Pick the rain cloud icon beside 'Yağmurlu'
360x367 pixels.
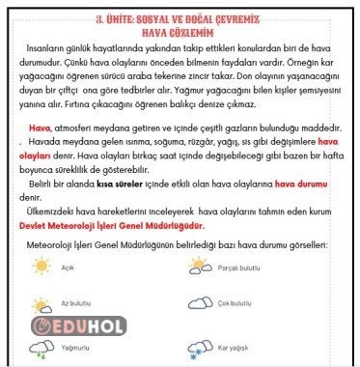tap(42, 343)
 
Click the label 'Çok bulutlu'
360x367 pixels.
tap(235, 304)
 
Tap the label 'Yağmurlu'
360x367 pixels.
tap(75, 345)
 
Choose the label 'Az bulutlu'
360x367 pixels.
tap(76, 304)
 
